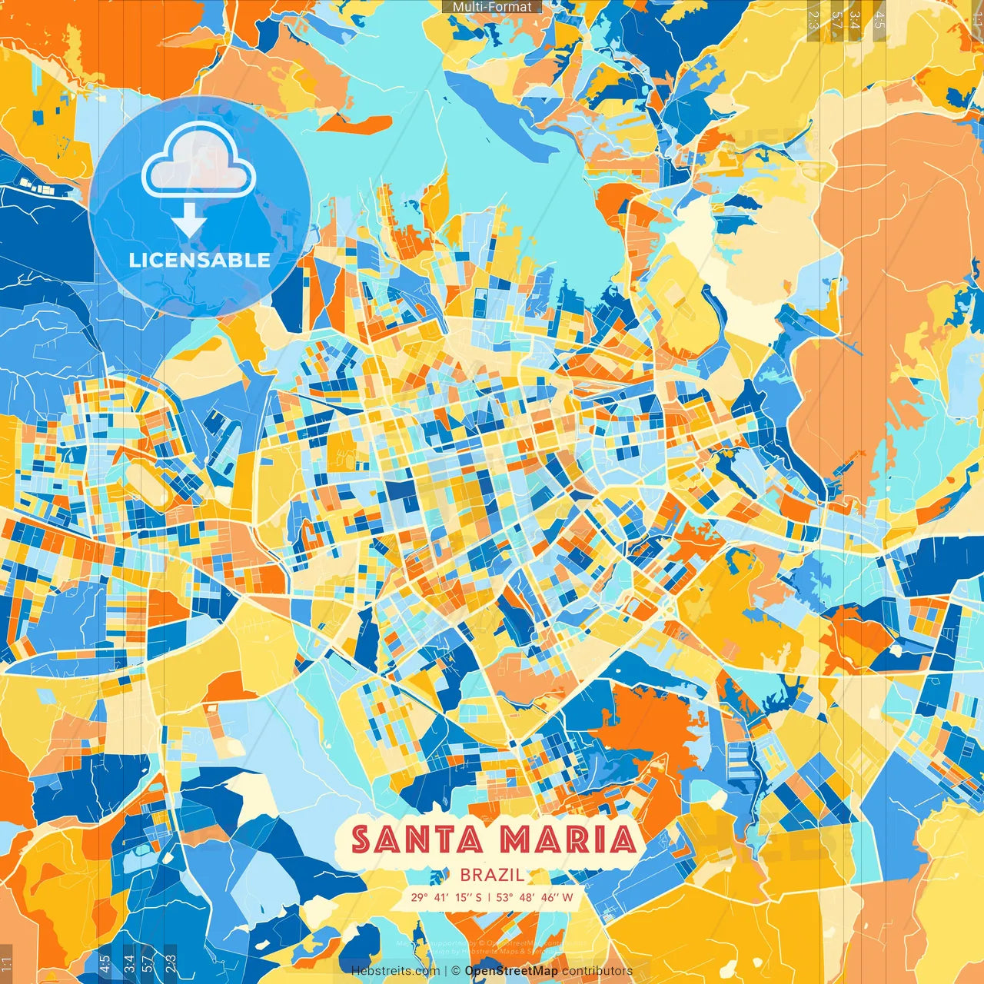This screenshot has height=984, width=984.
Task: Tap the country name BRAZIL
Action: pos(493,875)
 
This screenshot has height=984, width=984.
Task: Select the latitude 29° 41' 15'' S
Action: pos(447,897)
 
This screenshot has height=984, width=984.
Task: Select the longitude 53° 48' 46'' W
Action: pos(535,897)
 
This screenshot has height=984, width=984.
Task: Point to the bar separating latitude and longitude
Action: pos(489,897)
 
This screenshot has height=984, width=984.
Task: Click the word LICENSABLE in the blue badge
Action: pos(200,260)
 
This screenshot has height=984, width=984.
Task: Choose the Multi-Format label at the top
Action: pos(492,7)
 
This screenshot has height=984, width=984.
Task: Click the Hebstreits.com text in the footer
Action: pos(395,971)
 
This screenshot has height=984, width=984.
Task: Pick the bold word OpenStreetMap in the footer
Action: pos(511,971)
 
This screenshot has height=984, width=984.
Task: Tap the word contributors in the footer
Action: pos(597,971)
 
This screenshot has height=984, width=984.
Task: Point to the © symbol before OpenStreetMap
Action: pos(455,971)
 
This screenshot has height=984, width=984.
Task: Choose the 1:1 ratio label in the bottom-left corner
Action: pos(7,962)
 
